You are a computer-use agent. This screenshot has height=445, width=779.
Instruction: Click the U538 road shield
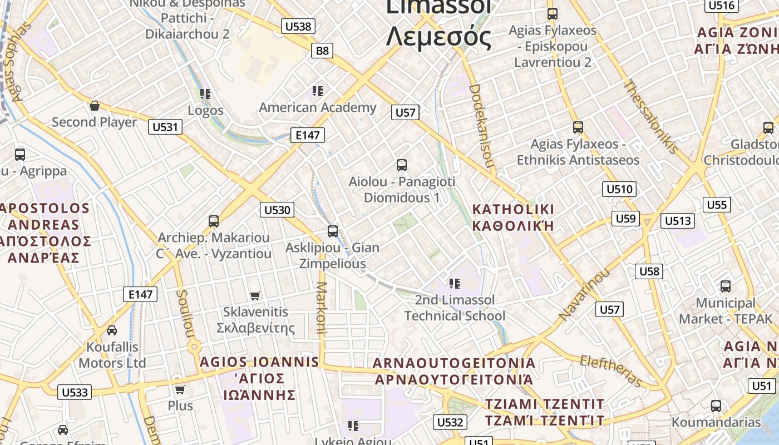pos(298,26)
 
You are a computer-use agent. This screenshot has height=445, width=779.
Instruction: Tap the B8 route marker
pos(323,51)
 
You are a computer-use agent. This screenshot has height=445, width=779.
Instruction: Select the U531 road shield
pos(165,127)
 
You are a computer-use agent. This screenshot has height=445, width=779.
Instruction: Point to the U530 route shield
pos(277,210)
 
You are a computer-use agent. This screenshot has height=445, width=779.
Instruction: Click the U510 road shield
pos(619,189)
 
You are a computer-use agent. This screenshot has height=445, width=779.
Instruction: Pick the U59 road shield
pos(625,219)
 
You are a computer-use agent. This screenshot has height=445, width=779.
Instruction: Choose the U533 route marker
pos(75,392)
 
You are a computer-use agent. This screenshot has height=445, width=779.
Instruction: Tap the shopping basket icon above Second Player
pos(95,106)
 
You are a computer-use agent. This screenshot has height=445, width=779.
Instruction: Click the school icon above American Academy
pos(318,91)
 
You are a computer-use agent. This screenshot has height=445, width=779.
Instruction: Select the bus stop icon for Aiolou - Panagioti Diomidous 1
pos(402,165)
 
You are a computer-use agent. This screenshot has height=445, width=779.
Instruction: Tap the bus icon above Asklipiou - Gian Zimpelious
pos(333,231)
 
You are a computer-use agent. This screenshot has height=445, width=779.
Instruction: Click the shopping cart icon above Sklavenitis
pos(255,295)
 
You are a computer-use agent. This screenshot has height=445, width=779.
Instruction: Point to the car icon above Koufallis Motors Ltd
pos(112,330)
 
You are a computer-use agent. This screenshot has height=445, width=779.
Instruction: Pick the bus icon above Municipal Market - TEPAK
pos(726,286)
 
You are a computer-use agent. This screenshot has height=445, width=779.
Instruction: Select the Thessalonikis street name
pos(650,117)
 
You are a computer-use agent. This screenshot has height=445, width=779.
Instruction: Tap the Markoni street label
pos(321,307)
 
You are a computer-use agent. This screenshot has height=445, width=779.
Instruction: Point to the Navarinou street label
pos(584,294)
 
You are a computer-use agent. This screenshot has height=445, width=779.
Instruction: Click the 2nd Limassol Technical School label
pos(455,308)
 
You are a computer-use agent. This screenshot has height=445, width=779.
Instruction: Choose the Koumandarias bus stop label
pos(716,422)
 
